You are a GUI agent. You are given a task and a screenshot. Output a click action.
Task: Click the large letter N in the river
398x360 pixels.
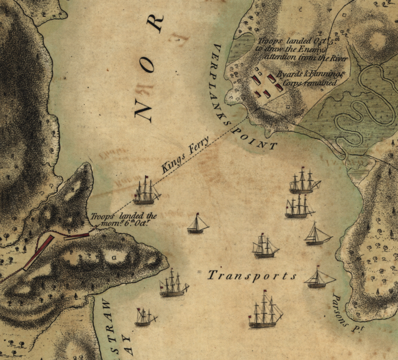[x=145, y=107]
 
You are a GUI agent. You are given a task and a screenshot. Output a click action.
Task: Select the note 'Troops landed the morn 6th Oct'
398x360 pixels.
[x=123, y=219]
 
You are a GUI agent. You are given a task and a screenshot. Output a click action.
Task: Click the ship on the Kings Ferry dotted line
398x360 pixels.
[x=146, y=191]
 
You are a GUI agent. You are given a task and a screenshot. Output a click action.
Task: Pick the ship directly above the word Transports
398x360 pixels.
[x=265, y=246]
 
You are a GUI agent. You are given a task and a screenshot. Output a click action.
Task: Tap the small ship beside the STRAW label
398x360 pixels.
[x=145, y=317]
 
